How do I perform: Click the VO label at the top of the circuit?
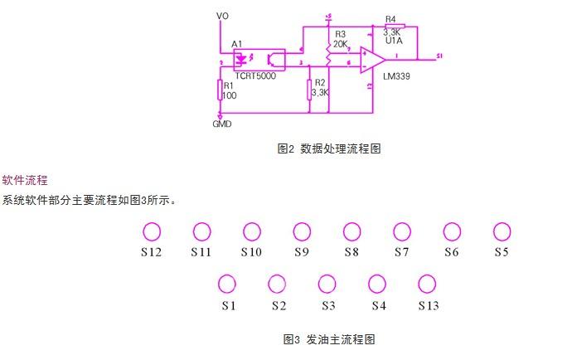221,16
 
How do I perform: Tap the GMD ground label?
221,124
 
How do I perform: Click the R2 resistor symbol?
309,89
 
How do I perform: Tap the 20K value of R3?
340,44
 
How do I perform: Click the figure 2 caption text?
329,148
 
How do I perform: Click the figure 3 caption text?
329,339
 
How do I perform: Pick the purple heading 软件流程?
25,180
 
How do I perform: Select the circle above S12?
151,231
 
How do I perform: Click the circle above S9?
302,231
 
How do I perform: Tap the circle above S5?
502,231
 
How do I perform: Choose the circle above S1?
226,285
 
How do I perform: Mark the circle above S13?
427,285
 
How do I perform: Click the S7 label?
401,251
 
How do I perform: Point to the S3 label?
328,305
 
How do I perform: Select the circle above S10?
252,231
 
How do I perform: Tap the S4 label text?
378,305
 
